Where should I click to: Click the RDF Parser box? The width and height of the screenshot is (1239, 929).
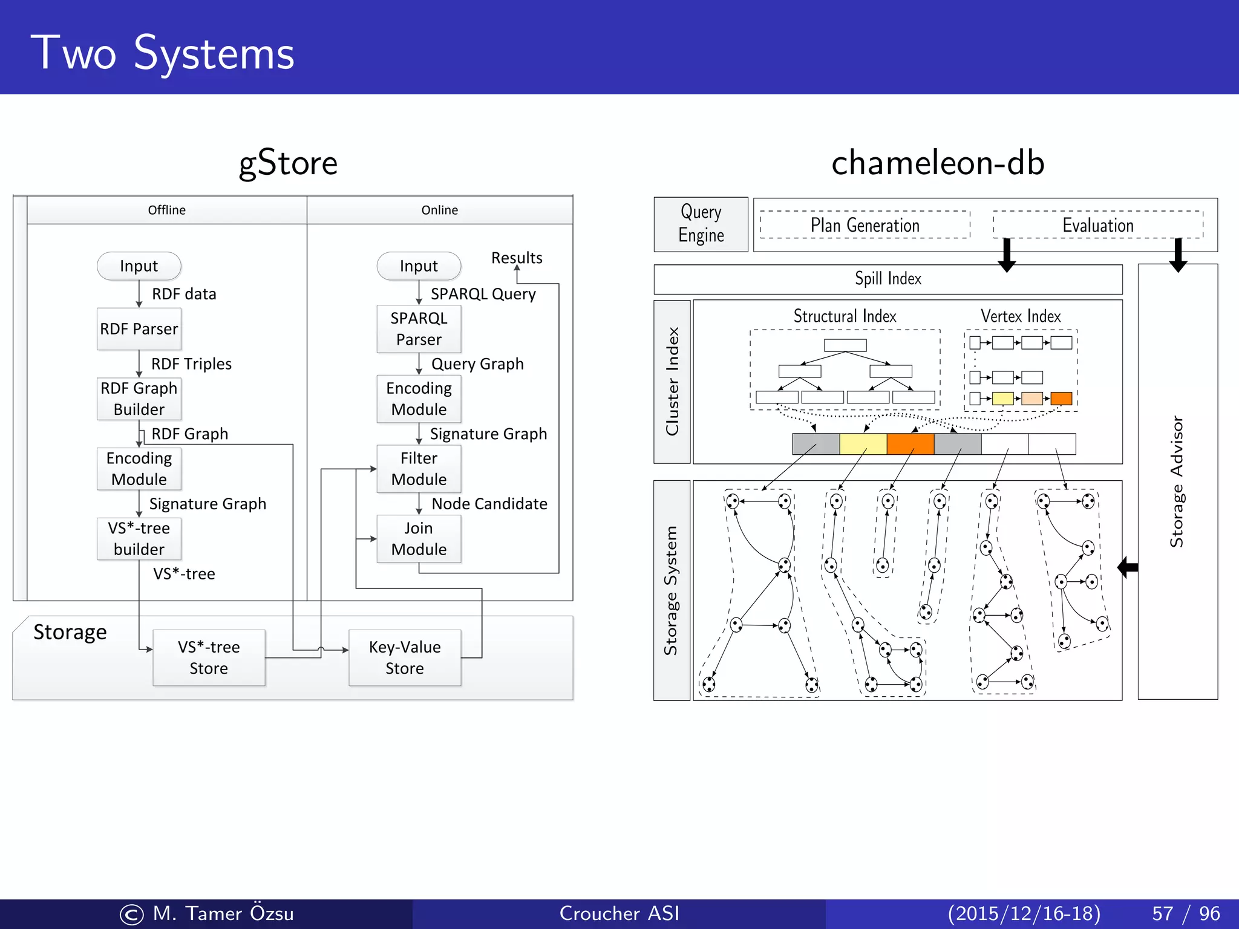click(139, 329)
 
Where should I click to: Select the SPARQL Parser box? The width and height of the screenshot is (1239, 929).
click(419, 329)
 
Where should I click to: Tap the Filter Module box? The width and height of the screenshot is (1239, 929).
click(419, 469)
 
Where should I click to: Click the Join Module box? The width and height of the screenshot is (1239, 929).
click(419, 539)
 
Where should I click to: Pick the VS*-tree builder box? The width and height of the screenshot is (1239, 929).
click(139, 539)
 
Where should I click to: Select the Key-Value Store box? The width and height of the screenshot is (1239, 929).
click(405, 657)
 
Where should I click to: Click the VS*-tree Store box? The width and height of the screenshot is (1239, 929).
click(209, 657)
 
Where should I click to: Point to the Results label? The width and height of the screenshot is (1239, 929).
click(517, 258)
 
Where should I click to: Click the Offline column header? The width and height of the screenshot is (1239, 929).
click(167, 210)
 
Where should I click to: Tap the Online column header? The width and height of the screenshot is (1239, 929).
click(440, 210)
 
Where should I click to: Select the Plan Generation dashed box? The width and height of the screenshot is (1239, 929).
click(865, 225)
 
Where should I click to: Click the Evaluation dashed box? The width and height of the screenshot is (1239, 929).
click(1097, 225)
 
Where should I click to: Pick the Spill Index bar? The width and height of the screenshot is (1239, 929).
click(888, 279)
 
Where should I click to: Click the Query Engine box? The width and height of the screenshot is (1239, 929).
click(701, 224)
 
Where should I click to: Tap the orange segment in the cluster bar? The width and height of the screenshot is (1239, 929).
click(910, 444)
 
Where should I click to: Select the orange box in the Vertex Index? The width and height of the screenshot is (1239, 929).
click(1061, 399)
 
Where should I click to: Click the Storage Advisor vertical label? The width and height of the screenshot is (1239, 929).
click(1177, 481)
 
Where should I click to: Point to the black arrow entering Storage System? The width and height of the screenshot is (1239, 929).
click(1128, 567)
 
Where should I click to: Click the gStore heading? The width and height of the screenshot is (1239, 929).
click(288, 163)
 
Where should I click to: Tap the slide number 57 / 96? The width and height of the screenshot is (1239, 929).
click(1186, 913)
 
